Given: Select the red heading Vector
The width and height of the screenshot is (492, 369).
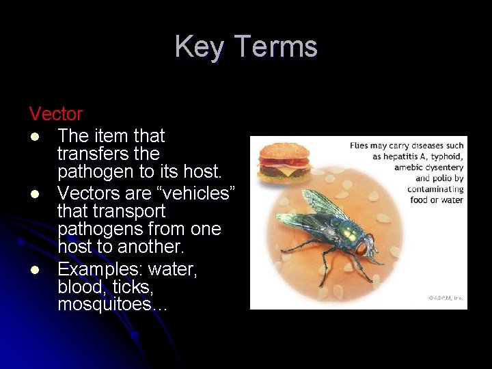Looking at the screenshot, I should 55,113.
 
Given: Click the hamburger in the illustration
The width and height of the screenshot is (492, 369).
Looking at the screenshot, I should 283,161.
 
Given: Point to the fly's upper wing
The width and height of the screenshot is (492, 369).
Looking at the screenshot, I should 326,204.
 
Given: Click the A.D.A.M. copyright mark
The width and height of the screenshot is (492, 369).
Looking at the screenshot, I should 446,298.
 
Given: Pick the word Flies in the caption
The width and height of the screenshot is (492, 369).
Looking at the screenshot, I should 360,146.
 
